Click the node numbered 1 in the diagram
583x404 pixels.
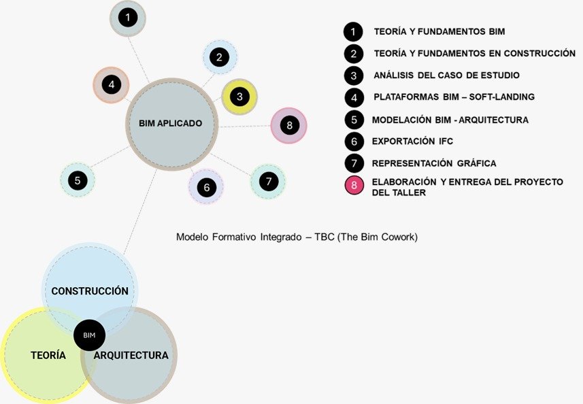tap(128, 17)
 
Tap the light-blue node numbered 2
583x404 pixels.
tap(219, 58)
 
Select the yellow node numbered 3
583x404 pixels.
tap(239, 97)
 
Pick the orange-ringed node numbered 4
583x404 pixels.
tap(111, 84)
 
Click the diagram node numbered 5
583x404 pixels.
tap(78, 180)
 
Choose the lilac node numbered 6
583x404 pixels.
tap(205, 186)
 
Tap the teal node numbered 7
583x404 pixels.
tap(268, 181)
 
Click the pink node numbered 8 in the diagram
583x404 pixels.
tap(289, 125)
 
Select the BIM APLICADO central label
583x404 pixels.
tap(170, 123)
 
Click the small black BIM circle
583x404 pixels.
tap(89, 335)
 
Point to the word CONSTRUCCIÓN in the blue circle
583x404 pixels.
tap(90, 290)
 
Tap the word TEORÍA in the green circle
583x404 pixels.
tap(48, 355)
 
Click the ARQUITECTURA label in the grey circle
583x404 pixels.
tap(131, 355)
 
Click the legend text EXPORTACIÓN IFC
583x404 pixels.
tap(412, 141)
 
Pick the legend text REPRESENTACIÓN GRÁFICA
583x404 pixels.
tap(434, 163)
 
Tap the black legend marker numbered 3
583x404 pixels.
tap(353, 75)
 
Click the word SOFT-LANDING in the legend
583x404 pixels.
tap(500, 97)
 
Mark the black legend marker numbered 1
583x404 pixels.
tap(353, 31)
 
